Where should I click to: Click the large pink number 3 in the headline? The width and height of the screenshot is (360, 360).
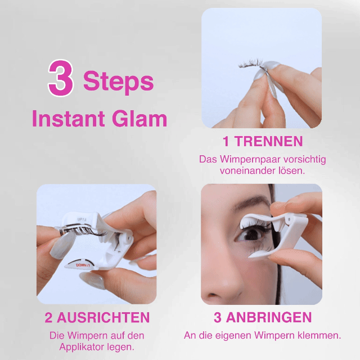click(61, 78)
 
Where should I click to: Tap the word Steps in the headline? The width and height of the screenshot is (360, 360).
click(118, 82)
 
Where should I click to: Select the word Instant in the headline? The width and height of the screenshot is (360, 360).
click(69, 119)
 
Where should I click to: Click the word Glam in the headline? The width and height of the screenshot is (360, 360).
click(139, 119)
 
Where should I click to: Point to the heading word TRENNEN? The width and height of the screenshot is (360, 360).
click(269, 141)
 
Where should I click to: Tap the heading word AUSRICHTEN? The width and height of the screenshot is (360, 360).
click(103, 317)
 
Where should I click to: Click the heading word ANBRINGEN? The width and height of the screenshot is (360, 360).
click(269, 317)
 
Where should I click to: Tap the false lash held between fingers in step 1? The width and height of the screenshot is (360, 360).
click(250, 64)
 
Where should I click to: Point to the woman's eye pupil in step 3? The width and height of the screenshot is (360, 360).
click(253, 235)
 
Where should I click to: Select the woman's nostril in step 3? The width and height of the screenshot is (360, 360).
click(213, 294)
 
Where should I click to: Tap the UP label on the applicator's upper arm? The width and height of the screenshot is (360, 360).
click(82, 220)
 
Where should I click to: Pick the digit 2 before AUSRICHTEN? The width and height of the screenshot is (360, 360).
click(48, 317)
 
